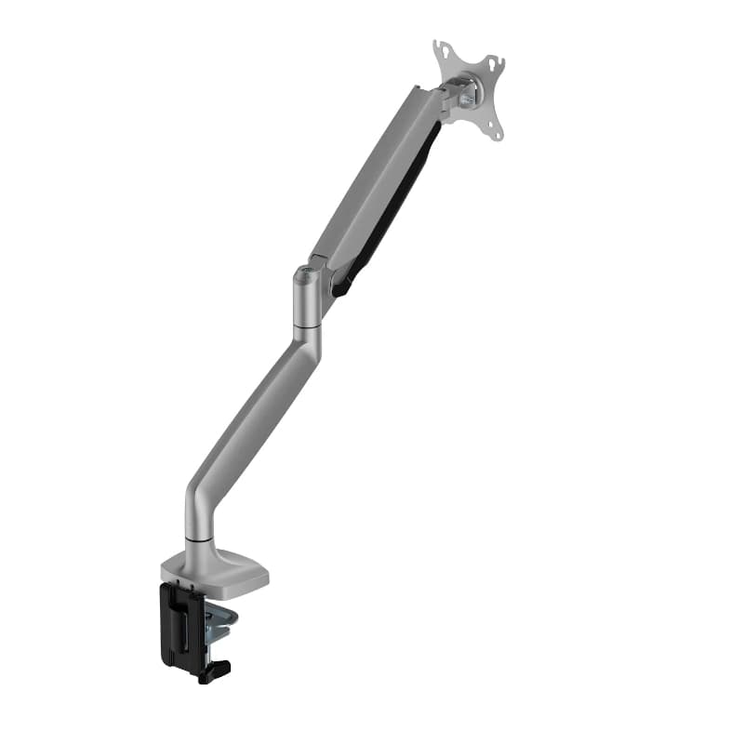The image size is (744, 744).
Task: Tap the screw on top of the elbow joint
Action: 304,273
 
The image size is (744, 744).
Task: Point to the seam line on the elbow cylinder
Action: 306,325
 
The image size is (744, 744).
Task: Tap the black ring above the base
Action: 198,540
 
